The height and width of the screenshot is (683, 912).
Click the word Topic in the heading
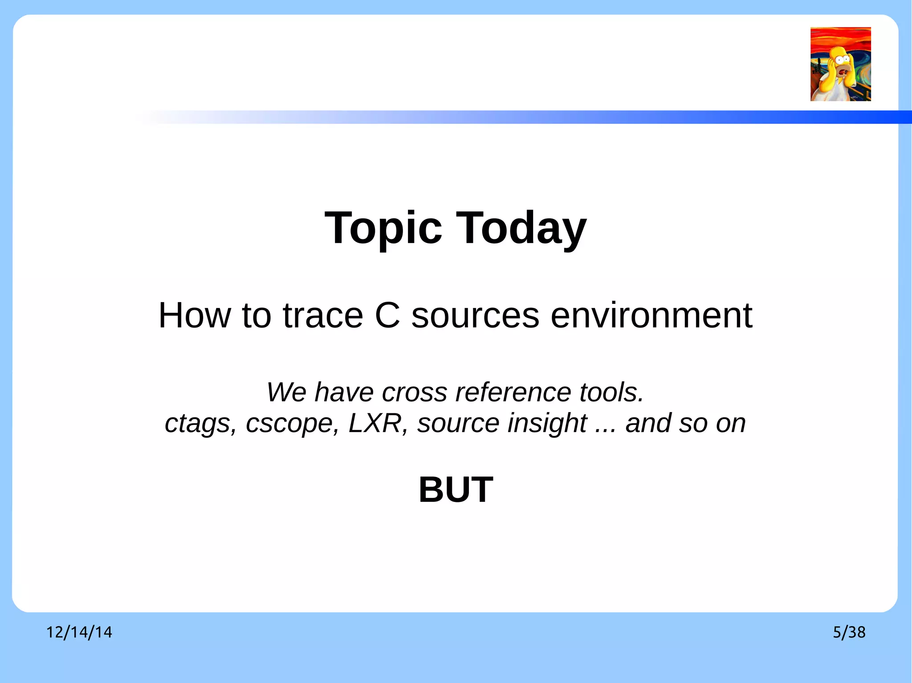(x=383, y=228)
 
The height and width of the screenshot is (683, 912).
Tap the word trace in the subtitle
(x=323, y=315)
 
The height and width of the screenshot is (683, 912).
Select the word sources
(x=475, y=315)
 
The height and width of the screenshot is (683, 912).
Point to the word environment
(x=651, y=315)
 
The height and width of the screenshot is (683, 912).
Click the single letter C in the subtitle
(x=387, y=315)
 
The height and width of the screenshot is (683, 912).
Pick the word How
(x=195, y=315)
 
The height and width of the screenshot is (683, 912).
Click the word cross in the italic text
(x=414, y=392)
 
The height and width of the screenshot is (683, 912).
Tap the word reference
(x=513, y=392)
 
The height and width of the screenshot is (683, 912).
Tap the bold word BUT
(x=456, y=490)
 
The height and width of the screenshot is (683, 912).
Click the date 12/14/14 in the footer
(x=79, y=632)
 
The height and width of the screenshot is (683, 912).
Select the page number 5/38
(x=849, y=632)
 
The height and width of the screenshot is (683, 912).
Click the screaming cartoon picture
(x=840, y=64)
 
